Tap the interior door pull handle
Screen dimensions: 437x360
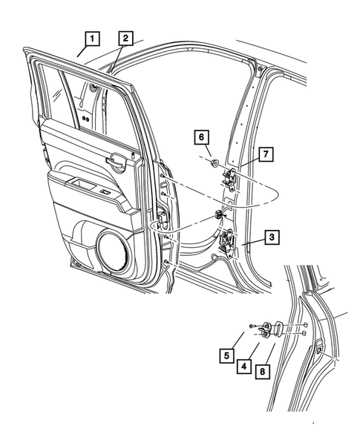[x=117, y=158]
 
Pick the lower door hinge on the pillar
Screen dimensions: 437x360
[x=229, y=240]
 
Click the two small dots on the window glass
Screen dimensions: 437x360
[x=88, y=118]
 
